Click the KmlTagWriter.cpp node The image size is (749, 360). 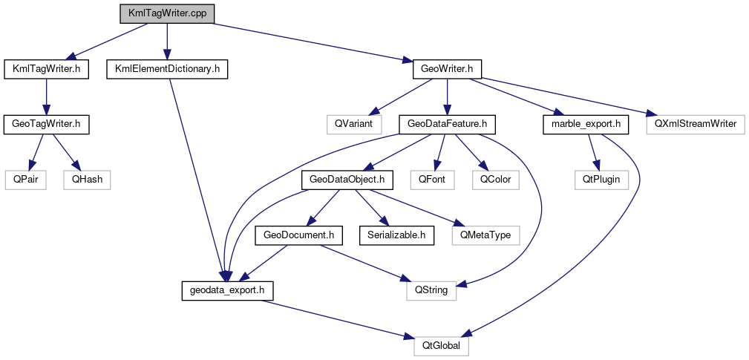(167, 13)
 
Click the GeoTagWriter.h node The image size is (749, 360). (46, 124)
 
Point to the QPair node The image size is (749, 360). (26, 179)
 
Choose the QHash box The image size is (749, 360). (87, 179)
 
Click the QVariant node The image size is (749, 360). (353, 124)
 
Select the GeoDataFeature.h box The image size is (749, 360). (447, 124)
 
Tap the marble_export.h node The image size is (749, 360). (586, 124)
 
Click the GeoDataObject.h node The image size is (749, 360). (346, 179)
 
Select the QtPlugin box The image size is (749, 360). (600, 179)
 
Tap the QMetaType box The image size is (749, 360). (485, 235)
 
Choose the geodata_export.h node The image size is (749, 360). (228, 290)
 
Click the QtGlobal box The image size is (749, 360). (441, 345)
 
